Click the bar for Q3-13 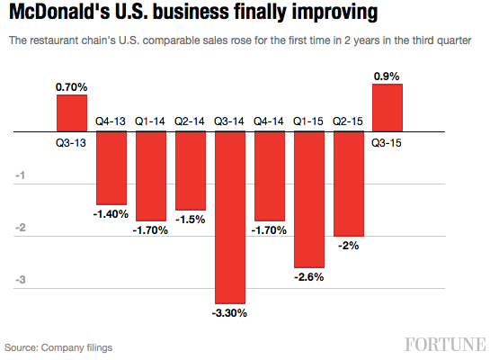coord(72,113)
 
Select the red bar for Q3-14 coord(231,217)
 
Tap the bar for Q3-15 coord(388,107)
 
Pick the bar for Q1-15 coord(309,199)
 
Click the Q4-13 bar coord(111,168)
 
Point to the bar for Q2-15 coord(349,184)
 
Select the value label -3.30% coord(231,313)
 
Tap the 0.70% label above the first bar coord(72,86)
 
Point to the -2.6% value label coord(309,276)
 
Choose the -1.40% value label coord(111,214)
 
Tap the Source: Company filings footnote coord(58,346)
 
